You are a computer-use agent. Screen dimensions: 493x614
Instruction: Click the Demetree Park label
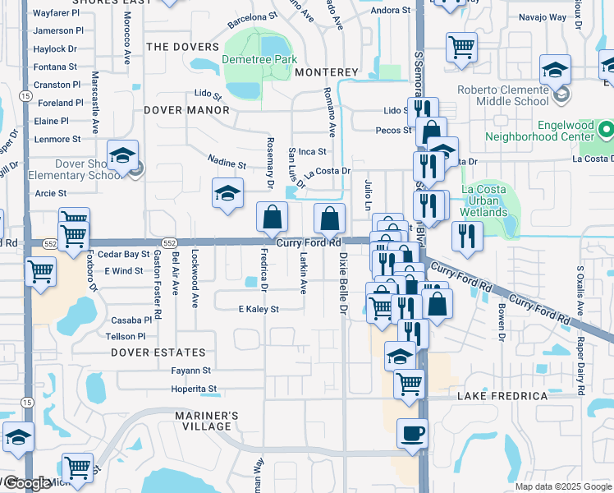[259, 60]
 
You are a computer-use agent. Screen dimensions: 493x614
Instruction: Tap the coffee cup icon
[412, 432]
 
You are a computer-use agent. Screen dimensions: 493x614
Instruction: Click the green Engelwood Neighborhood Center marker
[606, 130]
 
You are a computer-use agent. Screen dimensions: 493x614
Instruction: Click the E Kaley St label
[259, 310]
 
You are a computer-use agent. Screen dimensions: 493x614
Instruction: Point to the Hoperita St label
[194, 389]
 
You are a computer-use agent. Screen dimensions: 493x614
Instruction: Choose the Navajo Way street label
[544, 17]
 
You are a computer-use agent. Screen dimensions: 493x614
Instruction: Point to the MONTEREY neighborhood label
[327, 72]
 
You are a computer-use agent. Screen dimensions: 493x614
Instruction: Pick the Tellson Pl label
[126, 336]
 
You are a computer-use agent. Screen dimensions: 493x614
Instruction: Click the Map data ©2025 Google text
[562, 486]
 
